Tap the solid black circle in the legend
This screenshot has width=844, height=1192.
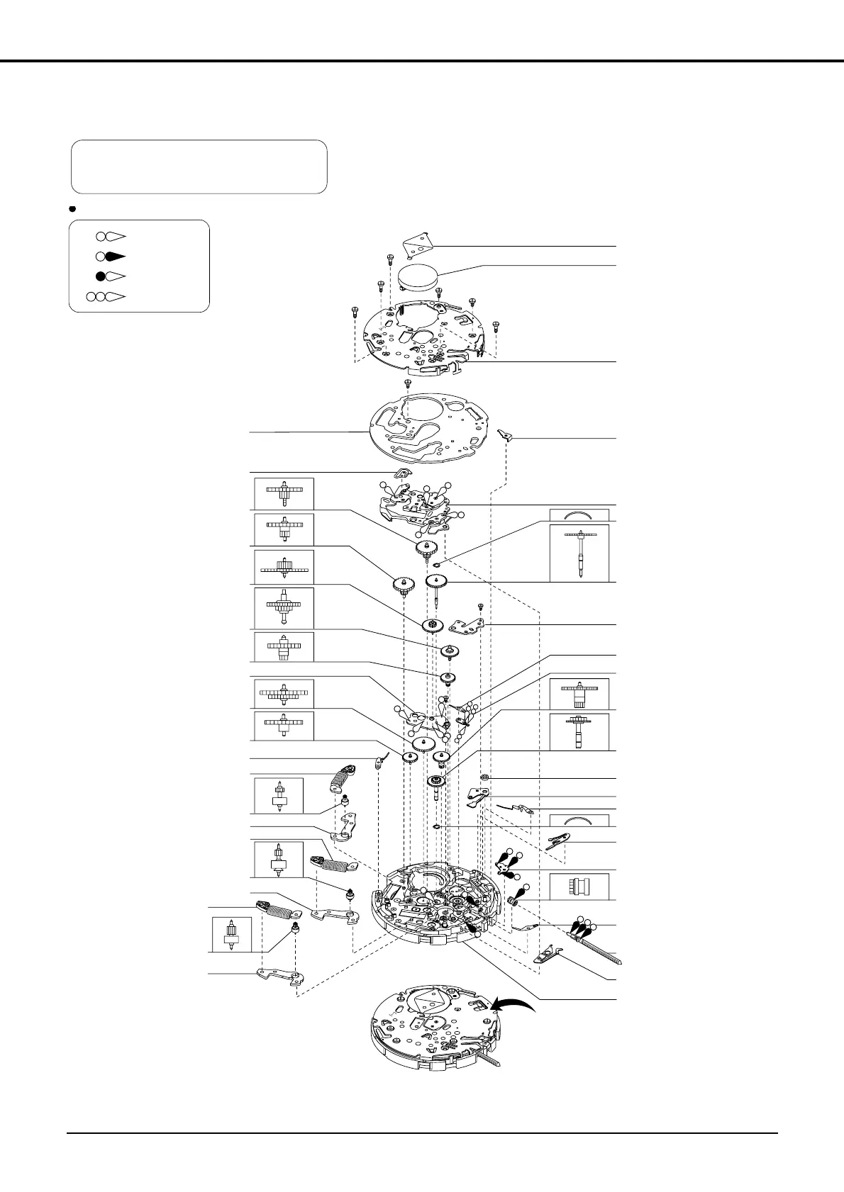click(x=101, y=276)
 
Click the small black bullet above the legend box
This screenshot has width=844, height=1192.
click(x=72, y=209)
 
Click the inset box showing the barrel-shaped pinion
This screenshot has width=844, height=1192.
click(x=579, y=886)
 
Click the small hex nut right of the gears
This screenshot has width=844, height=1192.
click(x=484, y=779)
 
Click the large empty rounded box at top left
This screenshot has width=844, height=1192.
click(x=199, y=167)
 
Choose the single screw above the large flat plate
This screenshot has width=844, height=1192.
click(x=408, y=383)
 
